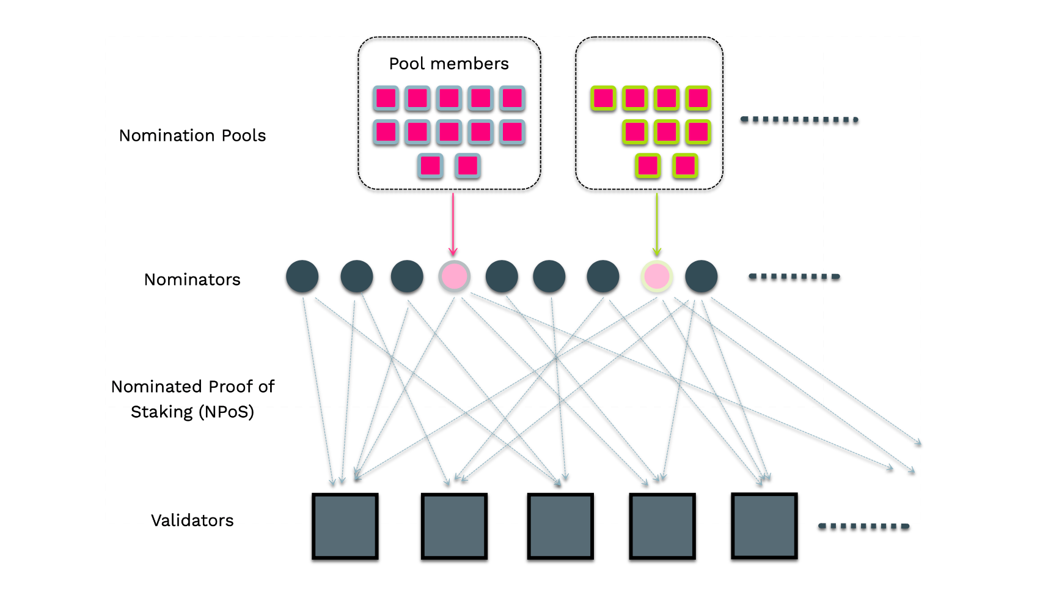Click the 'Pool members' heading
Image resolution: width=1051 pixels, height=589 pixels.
pyautogui.click(x=449, y=64)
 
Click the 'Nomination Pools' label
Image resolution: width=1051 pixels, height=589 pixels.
pyautogui.click(x=192, y=135)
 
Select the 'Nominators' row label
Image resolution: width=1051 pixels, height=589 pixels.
pyautogui.click(x=192, y=280)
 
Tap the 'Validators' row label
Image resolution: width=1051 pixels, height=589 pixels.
pyautogui.click(x=192, y=520)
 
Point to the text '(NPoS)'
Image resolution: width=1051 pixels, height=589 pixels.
pyautogui.click(x=226, y=412)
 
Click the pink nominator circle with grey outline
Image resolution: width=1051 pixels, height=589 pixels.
pyautogui.click(x=454, y=276)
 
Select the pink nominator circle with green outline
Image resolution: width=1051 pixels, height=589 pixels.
pyautogui.click(x=657, y=276)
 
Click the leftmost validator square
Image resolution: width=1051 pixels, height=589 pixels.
pyautogui.click(x=345, y=526)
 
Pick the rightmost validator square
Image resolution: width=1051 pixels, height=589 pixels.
pyautogui.click(x=764, y=525)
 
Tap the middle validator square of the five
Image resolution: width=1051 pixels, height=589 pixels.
pyautogui.click(x=560, y=526)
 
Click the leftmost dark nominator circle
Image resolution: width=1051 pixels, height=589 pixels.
pyautogui.click(x=302, y=276)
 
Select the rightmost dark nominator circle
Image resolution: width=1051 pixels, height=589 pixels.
pyautogui.click(x=701, y=276)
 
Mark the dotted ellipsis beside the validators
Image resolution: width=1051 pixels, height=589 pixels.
pyautogui.click(x=863, y=526)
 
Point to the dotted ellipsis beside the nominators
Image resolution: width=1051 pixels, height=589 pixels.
pyautogui.click(x=794, y=277)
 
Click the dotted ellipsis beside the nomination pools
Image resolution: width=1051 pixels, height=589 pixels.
pyautogui.click(x=799, y=119)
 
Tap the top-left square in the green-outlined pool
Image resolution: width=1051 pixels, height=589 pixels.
pyautogui.click(x=604, y=98)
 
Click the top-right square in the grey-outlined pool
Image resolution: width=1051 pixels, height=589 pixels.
pyautogui.click(x=512, y=98)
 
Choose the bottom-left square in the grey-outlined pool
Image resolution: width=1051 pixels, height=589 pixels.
pyautogui.click(x=430, y=166)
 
